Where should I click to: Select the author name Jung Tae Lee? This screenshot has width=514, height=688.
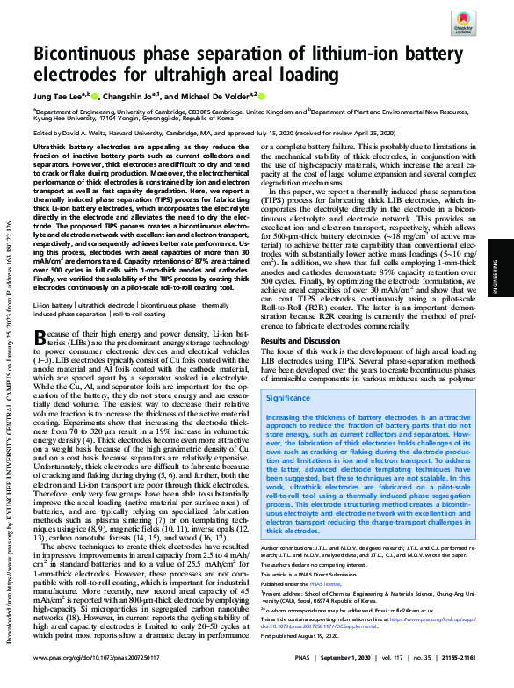[58, 95]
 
